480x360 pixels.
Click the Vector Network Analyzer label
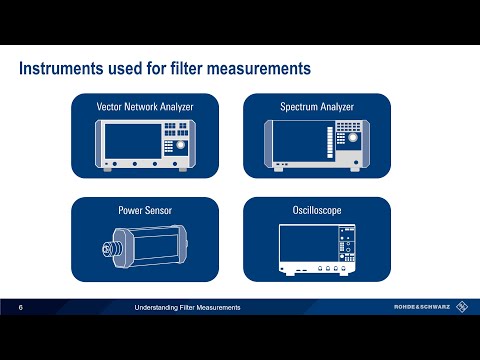coord(144,106)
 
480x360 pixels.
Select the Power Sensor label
coord(144,211)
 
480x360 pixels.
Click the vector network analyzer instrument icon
coord(144,143)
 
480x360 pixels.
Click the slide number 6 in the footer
coord(22,307)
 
